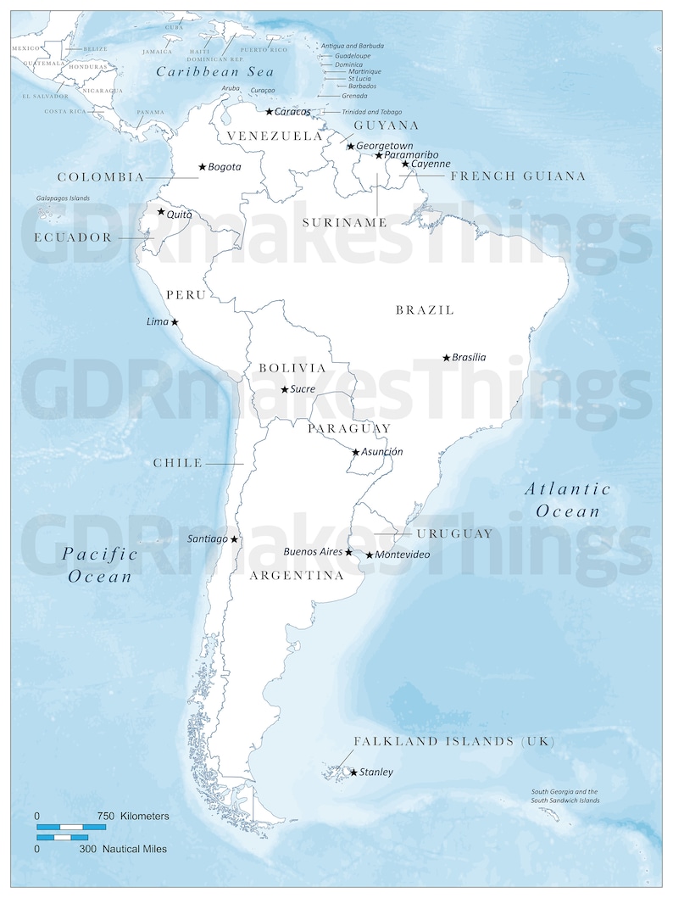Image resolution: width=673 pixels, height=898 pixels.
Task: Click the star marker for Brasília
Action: click(447, 358)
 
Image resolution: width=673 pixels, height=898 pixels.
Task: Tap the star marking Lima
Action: click(175, 322)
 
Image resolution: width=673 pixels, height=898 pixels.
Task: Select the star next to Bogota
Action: click(202, 167)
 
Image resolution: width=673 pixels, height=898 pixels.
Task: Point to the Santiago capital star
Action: click(234, 538)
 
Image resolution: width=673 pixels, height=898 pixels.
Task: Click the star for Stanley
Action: click(353, 772)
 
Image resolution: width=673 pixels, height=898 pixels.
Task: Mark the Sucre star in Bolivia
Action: click(284, 389)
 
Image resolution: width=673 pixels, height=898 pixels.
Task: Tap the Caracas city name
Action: click(292, 111)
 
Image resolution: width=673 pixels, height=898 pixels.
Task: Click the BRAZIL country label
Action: click(425, 310)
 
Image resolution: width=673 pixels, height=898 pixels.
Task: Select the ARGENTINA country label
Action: click(296, 575)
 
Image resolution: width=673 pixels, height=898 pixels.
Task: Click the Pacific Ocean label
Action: click(101, 565)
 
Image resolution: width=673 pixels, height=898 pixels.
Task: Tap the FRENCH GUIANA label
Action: click(518, 176)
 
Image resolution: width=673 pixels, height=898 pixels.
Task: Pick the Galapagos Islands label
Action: click(62, 198)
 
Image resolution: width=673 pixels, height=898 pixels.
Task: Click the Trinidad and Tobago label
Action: click(372, 112)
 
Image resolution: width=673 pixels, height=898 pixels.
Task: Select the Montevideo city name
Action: click(403, 555)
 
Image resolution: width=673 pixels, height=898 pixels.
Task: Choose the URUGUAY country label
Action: click(454, 533)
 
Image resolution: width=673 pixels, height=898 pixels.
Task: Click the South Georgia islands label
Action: click(565, 795)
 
